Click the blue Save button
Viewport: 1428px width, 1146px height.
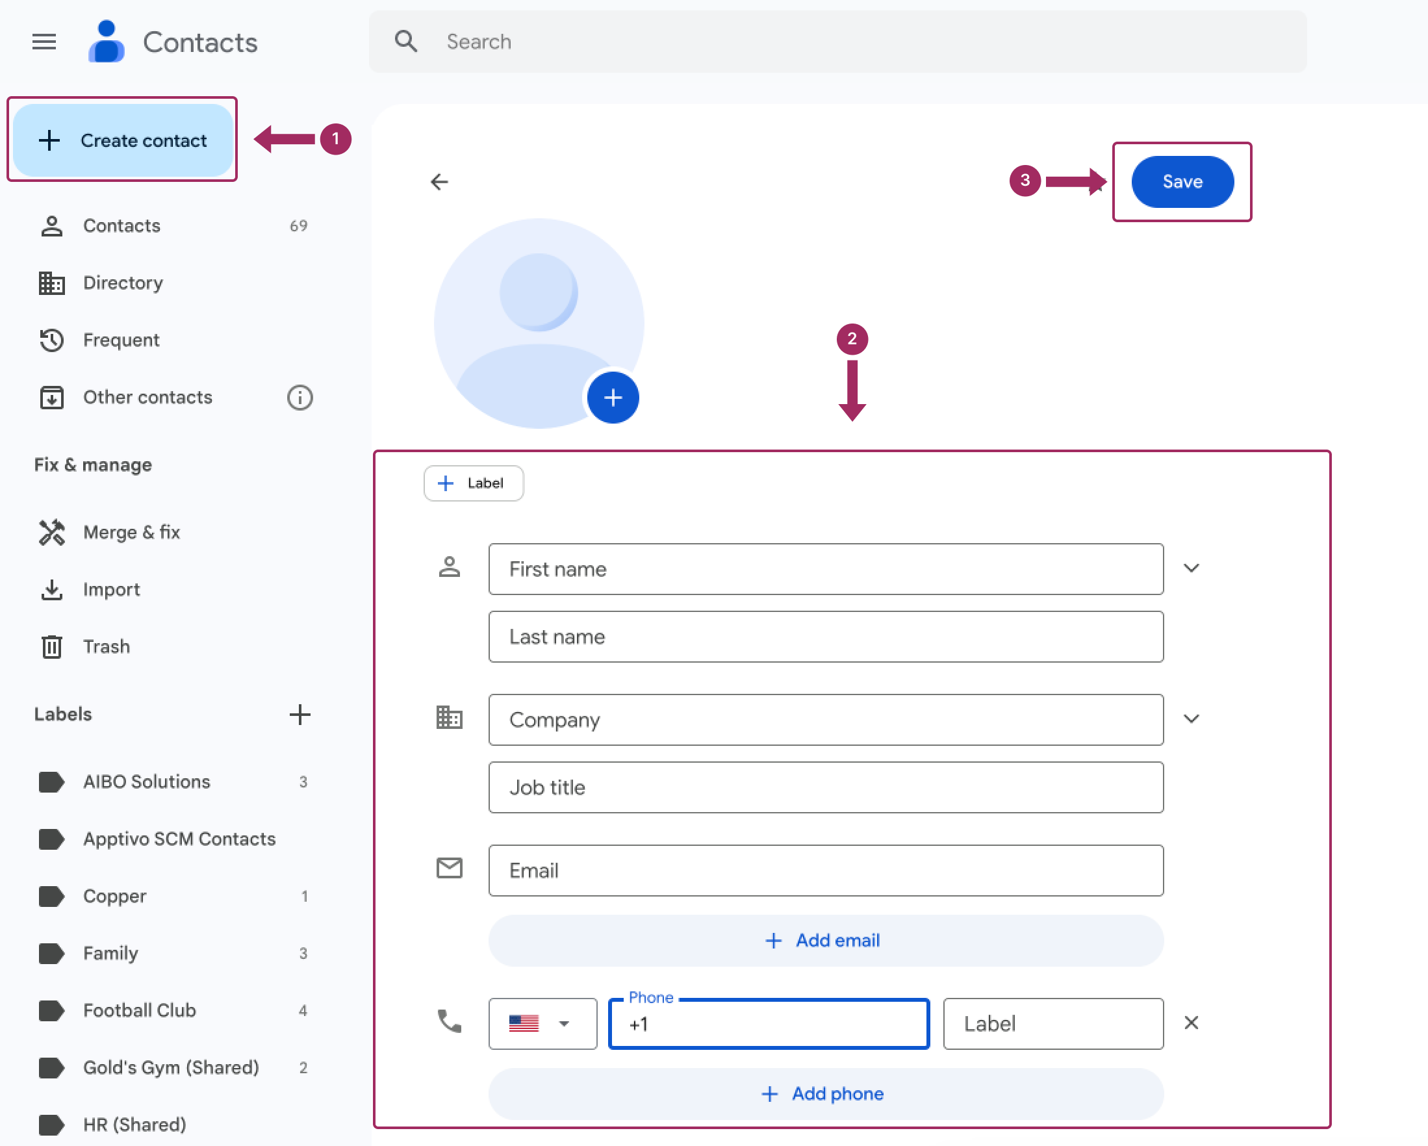1182,181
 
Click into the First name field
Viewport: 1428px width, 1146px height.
825,569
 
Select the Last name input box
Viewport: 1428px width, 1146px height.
825,637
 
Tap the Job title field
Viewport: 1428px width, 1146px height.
825,787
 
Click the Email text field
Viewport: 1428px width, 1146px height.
825,871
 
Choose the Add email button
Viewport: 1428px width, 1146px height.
825,941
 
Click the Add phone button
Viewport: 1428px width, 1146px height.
825,1093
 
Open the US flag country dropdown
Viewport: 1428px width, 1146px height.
542,1023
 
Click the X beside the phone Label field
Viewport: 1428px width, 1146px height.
1191,1023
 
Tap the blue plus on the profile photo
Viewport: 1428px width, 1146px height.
613,398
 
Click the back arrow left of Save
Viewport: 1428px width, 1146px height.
439,181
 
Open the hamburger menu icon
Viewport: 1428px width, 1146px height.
44,42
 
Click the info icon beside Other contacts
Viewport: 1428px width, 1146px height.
300,398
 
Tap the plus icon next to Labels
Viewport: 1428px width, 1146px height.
300,714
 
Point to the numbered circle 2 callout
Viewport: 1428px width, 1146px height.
852,339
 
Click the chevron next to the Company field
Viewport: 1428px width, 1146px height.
1191,719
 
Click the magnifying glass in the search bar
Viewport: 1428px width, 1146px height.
405,41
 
